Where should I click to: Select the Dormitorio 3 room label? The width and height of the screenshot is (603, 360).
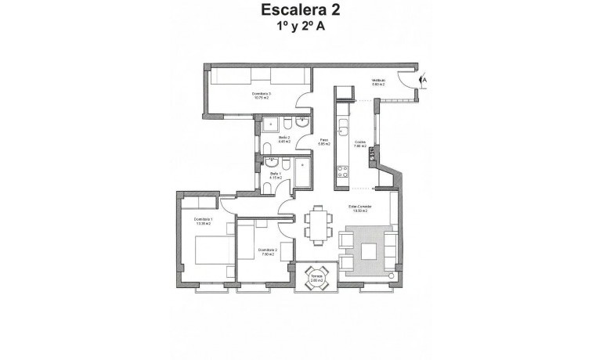[261, 96]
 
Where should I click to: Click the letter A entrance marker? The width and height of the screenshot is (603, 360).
[424, 79]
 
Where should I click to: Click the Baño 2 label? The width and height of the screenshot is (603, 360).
[283, 140]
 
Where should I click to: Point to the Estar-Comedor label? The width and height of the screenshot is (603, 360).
[359, 209]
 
